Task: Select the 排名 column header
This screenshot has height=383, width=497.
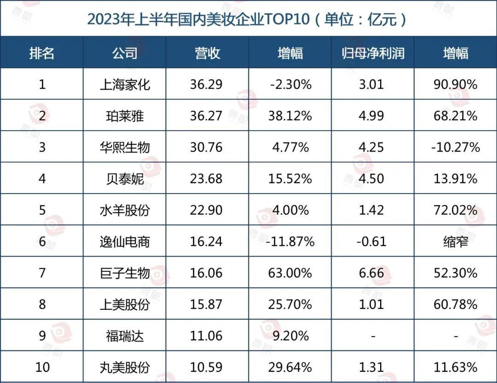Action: click(x=42, y=53)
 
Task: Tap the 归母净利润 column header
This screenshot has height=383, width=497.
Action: click(x=372, y=53)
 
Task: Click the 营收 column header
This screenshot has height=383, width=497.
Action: click(x=207, y=53)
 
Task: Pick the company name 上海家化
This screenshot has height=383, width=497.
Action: click(x=125, y=85)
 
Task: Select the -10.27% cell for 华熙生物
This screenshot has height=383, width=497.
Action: click(x=455, y=147)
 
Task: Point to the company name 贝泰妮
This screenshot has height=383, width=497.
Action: click(x=125, y=178)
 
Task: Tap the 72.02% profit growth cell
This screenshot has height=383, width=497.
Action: click(x=455, y=210)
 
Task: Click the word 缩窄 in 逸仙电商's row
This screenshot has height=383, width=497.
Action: click(x=455, y=241)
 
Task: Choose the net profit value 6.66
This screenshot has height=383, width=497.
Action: click(x=372, y=273)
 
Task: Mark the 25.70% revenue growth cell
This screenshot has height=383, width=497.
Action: click(x=290, y=304)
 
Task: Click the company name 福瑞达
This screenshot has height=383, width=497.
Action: click(x=125, y=336)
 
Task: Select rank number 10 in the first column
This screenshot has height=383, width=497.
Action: click(x=42, y=367)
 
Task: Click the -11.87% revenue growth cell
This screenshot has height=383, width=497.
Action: click(x=290, y=241)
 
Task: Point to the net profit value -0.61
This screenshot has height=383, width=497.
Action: click(x=372, y=241)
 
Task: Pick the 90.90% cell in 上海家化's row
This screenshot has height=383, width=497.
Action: click(x=455, y=85)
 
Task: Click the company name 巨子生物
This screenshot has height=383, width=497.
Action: click(x=125, y=273)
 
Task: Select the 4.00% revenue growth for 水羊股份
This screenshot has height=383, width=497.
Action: click(x=290, y=210)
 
